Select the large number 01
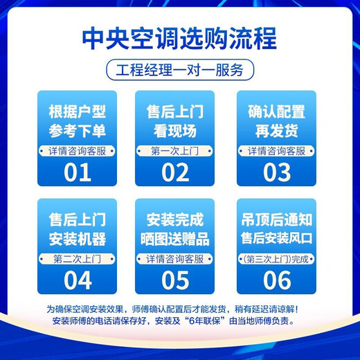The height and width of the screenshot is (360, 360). pyautogui.click(x=77, y=172)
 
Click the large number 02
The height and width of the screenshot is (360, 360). pyautogui.click(x=175, y=172)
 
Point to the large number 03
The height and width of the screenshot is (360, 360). pyautogui.click(x=276, y=172)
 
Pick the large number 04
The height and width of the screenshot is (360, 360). pyautogui.click(x=77, y=280)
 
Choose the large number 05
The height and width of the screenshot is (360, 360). pyautogui.click(x=175, y=280)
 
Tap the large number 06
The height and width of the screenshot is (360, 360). pyautogui.click(x=276, y=280)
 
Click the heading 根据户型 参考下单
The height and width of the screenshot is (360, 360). pyautogui.click(x=77, y=122)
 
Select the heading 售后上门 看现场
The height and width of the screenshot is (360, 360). pyautogui.click(x=175, y=122)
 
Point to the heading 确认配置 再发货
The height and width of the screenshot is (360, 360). pyautogui.click(x=276, y=122)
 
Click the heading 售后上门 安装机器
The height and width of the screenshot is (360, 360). pyautogui.click(x=77, y=231)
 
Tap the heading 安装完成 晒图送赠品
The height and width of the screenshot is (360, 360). pyautogui.click(x=175, y=231)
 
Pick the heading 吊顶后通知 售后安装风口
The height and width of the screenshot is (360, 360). pyautogui.click(x=276, y=231)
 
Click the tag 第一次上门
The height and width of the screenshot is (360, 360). pyautogui.click(x=175, y=150)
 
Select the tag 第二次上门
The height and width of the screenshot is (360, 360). pyautogui.click(x=77, y=259)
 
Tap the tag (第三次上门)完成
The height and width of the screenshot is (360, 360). pyautogui.click(x=276, y=259)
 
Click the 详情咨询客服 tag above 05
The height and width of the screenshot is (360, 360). pyautogui.click(x=175, y=259)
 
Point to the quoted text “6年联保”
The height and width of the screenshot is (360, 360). pyautogui.click(x=212, y=321)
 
